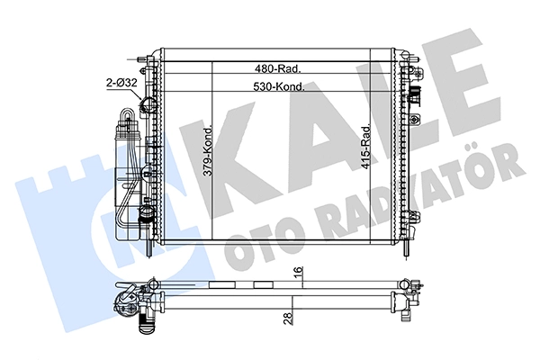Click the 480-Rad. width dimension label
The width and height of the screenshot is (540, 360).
tap(278, 69)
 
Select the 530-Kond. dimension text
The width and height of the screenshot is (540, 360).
tap(279, 86)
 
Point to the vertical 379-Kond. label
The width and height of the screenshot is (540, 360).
tap(208, 151)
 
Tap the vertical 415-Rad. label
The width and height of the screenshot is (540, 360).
tap(365, 147)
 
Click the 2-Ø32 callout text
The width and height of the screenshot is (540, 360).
tap(121, 83)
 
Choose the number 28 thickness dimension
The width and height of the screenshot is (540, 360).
tap(289, 318)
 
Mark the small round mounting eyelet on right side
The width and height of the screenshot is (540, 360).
tap(415, 119)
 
